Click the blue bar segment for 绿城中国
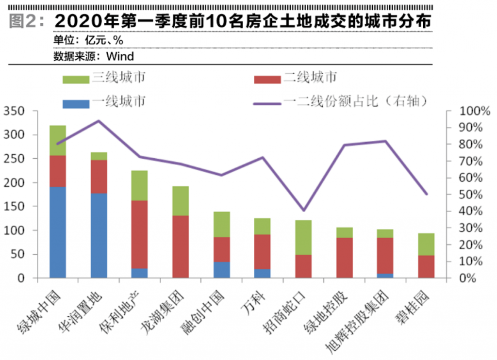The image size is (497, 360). tap(58, 232)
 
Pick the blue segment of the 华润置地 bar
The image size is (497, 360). tap(99, 235)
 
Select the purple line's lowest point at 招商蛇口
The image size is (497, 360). tap(304, 210)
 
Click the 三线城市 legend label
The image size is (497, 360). tap(119, 78)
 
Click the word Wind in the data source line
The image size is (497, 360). tap(120, 56)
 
